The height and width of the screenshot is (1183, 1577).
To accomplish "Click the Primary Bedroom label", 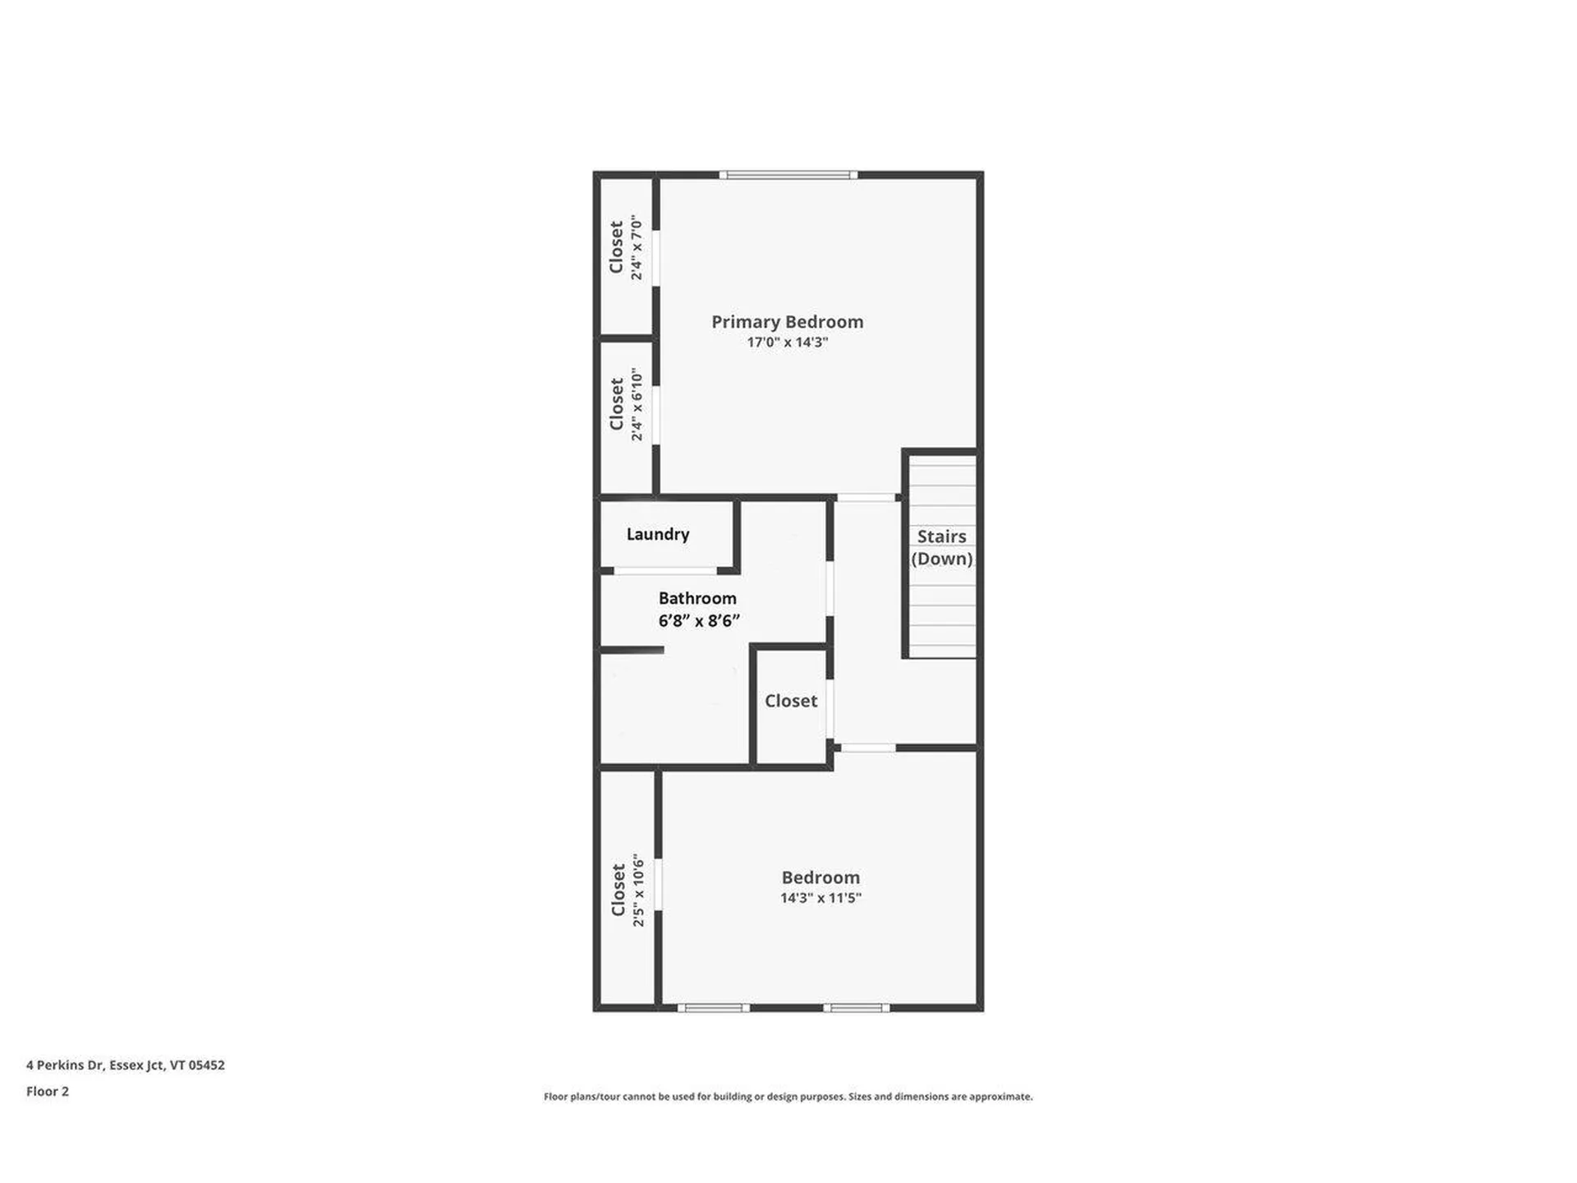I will [x=787, y=321].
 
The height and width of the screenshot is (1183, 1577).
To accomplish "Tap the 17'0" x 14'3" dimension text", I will [x=787, y=343].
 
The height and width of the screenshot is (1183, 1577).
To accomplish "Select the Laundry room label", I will [x=658, y=534].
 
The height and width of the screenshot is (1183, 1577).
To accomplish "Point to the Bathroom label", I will [x=697, y=598].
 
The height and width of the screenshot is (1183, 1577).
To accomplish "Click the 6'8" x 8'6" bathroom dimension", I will [x=699, y=621].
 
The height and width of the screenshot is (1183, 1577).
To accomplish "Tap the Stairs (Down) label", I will [x=941, y=547].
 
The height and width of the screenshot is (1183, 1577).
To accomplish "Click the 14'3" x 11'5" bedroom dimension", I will [x=821, y=898].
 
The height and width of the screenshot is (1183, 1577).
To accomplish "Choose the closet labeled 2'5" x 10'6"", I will [x=627, y=891].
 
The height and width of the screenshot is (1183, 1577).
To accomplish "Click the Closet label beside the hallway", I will [x=791, y=701].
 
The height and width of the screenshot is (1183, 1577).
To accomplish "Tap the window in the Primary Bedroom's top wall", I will [x=788, y=175].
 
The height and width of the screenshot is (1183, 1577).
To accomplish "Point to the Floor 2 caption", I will [x=48, y=1091].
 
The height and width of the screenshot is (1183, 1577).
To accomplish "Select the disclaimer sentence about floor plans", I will [x=788, y=1096].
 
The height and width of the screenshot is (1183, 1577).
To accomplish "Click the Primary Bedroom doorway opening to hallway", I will [x=866, y=498].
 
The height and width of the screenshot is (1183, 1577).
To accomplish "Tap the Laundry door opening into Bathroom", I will [x=665, y=570].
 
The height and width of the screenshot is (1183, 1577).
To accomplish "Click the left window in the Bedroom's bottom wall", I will [x=713, y=1007].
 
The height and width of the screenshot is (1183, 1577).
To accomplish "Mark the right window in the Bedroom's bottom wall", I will [x=856, y=1007].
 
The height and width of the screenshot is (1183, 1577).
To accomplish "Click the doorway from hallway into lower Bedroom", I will [x=867, y=748].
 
